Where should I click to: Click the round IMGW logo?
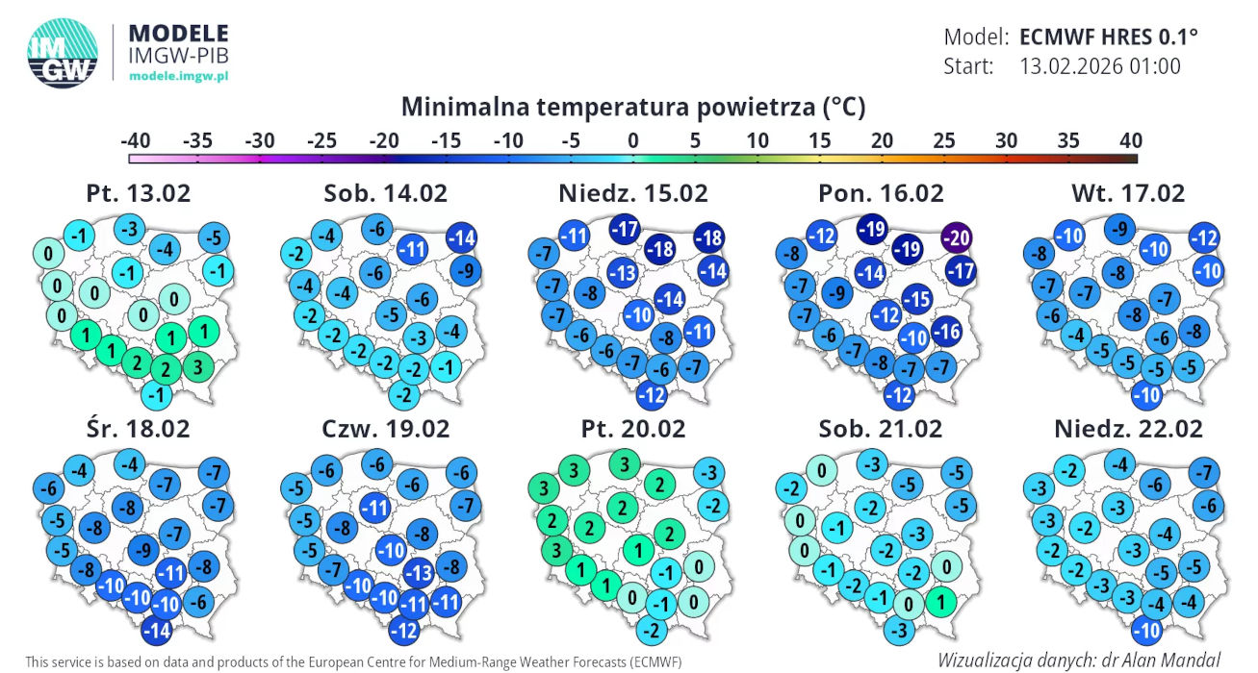point(63,53)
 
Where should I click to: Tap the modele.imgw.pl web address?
point(179,76)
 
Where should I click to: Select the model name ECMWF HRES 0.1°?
point(1108,37)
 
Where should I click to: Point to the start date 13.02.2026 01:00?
point(1100,66)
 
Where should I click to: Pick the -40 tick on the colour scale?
point(136,140)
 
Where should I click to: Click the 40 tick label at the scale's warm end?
point(1131,140)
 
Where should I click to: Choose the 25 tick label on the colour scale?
point(944,140)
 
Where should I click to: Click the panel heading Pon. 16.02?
point(881,193)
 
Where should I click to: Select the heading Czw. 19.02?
point(385,429)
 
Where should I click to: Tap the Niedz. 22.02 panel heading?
point(1128,429)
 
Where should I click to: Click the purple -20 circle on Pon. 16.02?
point(957,237)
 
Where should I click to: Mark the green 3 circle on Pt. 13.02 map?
point(198,367)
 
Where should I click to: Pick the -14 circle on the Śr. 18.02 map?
point(157,631)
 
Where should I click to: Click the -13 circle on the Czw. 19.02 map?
point(419,573)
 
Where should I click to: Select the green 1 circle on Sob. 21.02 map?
point(940,602)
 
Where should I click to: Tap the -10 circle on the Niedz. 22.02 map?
point(1146,631)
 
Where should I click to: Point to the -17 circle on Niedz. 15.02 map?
point(625,229)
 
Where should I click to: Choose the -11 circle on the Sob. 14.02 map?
point(413,248)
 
